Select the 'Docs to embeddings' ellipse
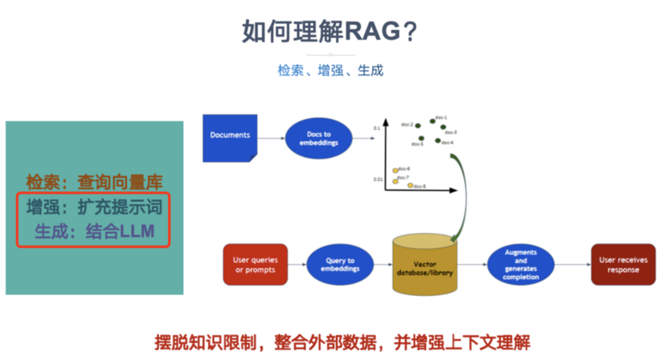coord(319,139)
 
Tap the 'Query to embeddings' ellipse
coord(340,265)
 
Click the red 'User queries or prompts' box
coord(255,265)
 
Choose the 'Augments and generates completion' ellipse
coord(521,265)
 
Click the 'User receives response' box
coord(623,264)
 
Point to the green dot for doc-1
coord(433,121)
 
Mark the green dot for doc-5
coord(421,139)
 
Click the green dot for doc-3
coord(443,128)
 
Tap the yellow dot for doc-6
coord(395,170)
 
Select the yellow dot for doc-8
coord(411,185)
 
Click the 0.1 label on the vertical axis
coord(377,128)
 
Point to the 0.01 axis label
coord(377,179)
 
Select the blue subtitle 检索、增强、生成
coord(331,70)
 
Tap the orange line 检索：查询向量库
coord(94,182)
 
